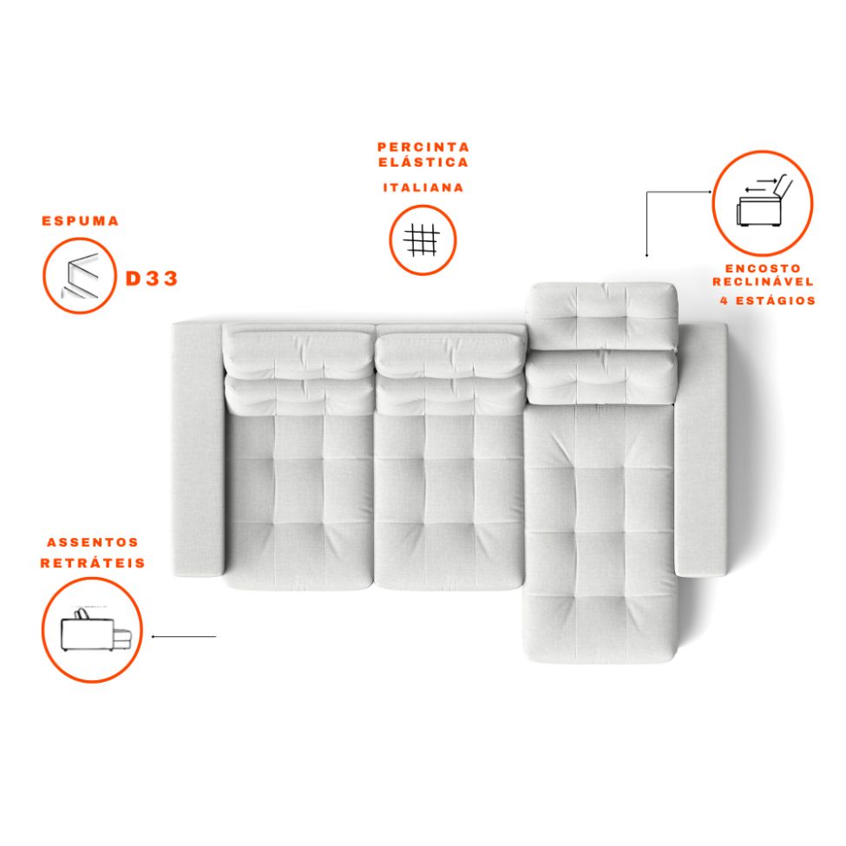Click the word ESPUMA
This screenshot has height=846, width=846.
[81, 220]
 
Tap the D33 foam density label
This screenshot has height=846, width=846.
[152, 279]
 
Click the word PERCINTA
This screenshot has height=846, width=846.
[423, 147]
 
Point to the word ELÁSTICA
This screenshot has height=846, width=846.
[423, 162]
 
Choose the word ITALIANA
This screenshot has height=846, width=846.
[423, 187]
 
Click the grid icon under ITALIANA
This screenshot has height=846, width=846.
[423, 240]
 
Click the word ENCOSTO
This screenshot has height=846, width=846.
[763, 268]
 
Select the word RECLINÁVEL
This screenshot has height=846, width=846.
[763, 282]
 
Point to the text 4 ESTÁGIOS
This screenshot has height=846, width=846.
[768, 300]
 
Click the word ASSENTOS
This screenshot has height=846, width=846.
[93, 542]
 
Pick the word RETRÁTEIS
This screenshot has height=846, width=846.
[93, 563]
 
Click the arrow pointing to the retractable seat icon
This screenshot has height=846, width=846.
[183, 637]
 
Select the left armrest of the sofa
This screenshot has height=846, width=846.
[198, 449]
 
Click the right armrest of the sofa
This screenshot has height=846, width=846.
[701, 450]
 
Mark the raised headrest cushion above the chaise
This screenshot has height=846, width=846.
[601, 315]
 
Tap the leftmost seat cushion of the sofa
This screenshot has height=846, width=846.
[298, 501]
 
